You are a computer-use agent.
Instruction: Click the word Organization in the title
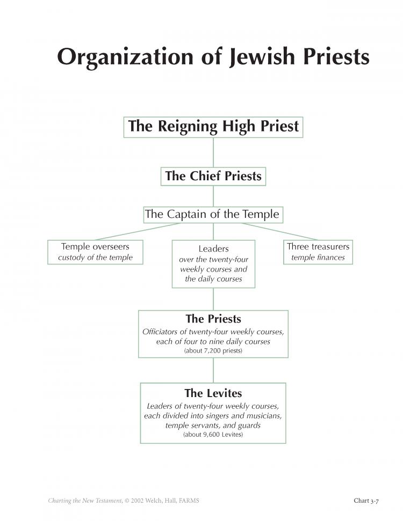click(x=125, y=57)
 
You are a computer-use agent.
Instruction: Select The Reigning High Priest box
click(x=213, y=127)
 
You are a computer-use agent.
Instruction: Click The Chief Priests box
click(x=213, y=177)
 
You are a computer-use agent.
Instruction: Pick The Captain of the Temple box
click(x=213, y=215)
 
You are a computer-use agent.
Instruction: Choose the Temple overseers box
click(x=95, y=252)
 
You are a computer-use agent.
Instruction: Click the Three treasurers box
click(x=318, y=252)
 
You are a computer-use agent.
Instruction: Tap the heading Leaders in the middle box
click(x=213, y=248)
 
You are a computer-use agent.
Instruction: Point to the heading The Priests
click(x=213, y=319)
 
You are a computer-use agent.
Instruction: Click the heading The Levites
click(x=213, y=393)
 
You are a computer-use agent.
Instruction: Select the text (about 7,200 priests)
click(x=213, y=350)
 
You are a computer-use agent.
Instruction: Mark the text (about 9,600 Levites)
click(x=213, y=434)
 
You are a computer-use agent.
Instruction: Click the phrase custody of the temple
click(x=95, y=258)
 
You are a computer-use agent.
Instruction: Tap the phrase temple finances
click(x=318, y=258)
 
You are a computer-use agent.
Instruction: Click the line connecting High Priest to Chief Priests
click(x=213, y=152)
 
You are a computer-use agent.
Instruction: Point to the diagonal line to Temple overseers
click(x=138, y=232)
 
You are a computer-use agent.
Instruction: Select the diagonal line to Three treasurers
click(x=280, y=232)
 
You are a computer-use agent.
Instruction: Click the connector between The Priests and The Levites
click(x=213, y=370)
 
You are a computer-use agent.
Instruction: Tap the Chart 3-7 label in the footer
click(x=366, y=501)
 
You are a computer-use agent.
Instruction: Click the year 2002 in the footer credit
click(x=138, y=501)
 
